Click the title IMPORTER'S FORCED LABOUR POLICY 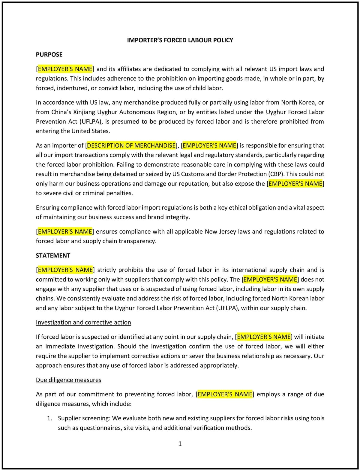pos(180,40)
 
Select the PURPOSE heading pos(49,55)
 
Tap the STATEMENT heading pos(53,256)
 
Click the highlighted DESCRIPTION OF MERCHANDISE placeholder pos(131,145)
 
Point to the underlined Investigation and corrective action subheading pos(83,322)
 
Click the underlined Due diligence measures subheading pos(68,380)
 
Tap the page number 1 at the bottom pos(180,444)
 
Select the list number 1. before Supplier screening pos(49,418)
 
